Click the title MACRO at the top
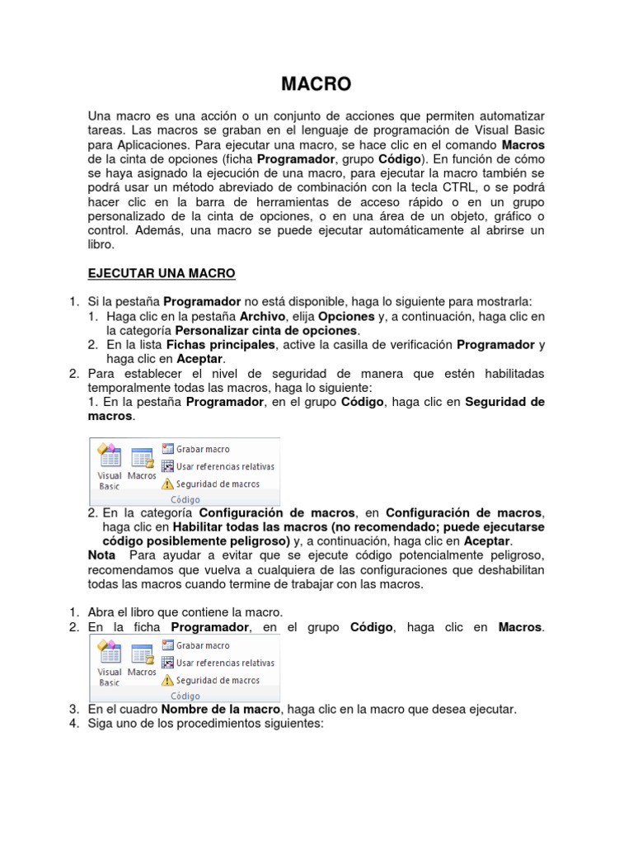[316, 83]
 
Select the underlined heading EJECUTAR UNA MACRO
[162, 273]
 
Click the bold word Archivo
[263, 317]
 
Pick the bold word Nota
[101, 555]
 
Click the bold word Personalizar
[213, 331]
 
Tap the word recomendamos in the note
[129, 569]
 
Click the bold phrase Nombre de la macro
[222, 710]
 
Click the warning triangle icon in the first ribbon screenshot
[167, 484]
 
